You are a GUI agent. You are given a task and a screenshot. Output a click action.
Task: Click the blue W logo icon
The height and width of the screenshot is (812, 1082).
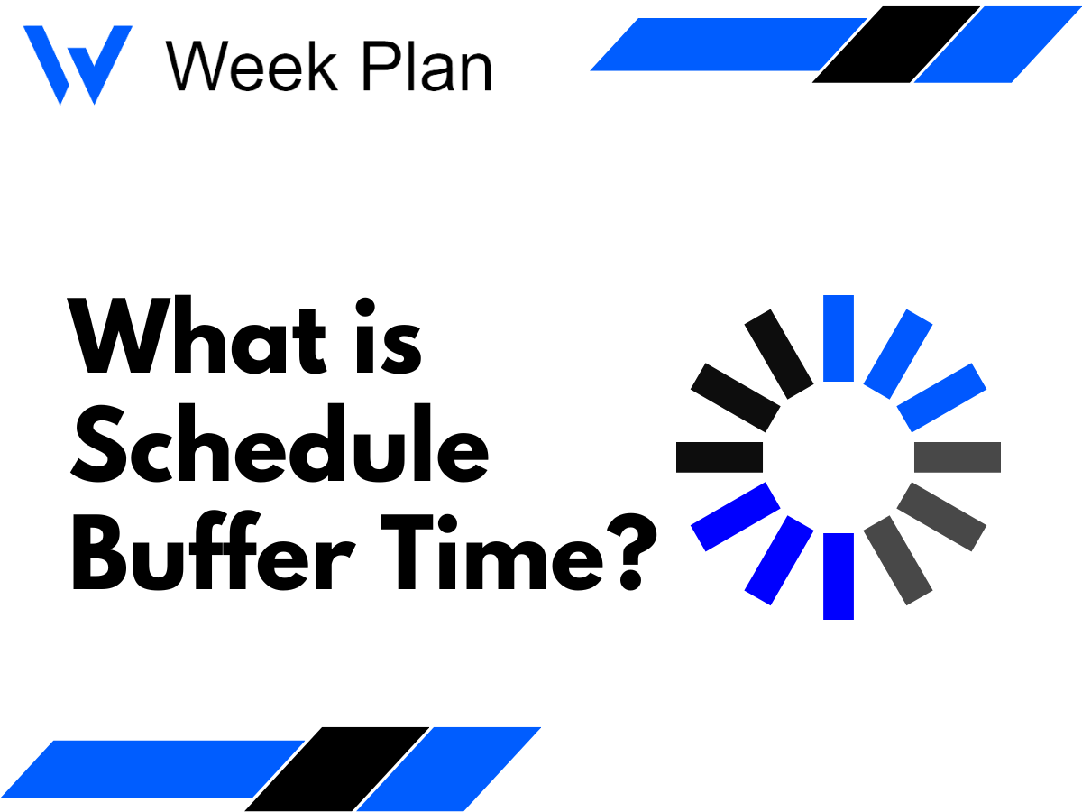tap(77, 63)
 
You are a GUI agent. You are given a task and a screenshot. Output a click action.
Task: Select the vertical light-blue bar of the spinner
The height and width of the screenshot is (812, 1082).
tap(839, 338)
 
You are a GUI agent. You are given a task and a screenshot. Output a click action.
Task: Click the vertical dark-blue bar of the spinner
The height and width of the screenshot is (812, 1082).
tap(839, 576)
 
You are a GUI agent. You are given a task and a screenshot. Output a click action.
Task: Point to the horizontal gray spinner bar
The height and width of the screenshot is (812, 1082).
tap(958, 457)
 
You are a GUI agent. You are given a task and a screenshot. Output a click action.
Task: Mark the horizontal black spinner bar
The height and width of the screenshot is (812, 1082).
tap(720, 457)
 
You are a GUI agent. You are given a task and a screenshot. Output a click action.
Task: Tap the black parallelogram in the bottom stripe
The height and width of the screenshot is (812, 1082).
tap(337, 769)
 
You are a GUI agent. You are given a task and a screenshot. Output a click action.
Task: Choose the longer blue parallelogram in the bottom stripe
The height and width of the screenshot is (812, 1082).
tap(163, 769)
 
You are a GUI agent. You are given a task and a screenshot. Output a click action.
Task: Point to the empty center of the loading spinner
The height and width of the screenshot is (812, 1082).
tap(839, 457)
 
